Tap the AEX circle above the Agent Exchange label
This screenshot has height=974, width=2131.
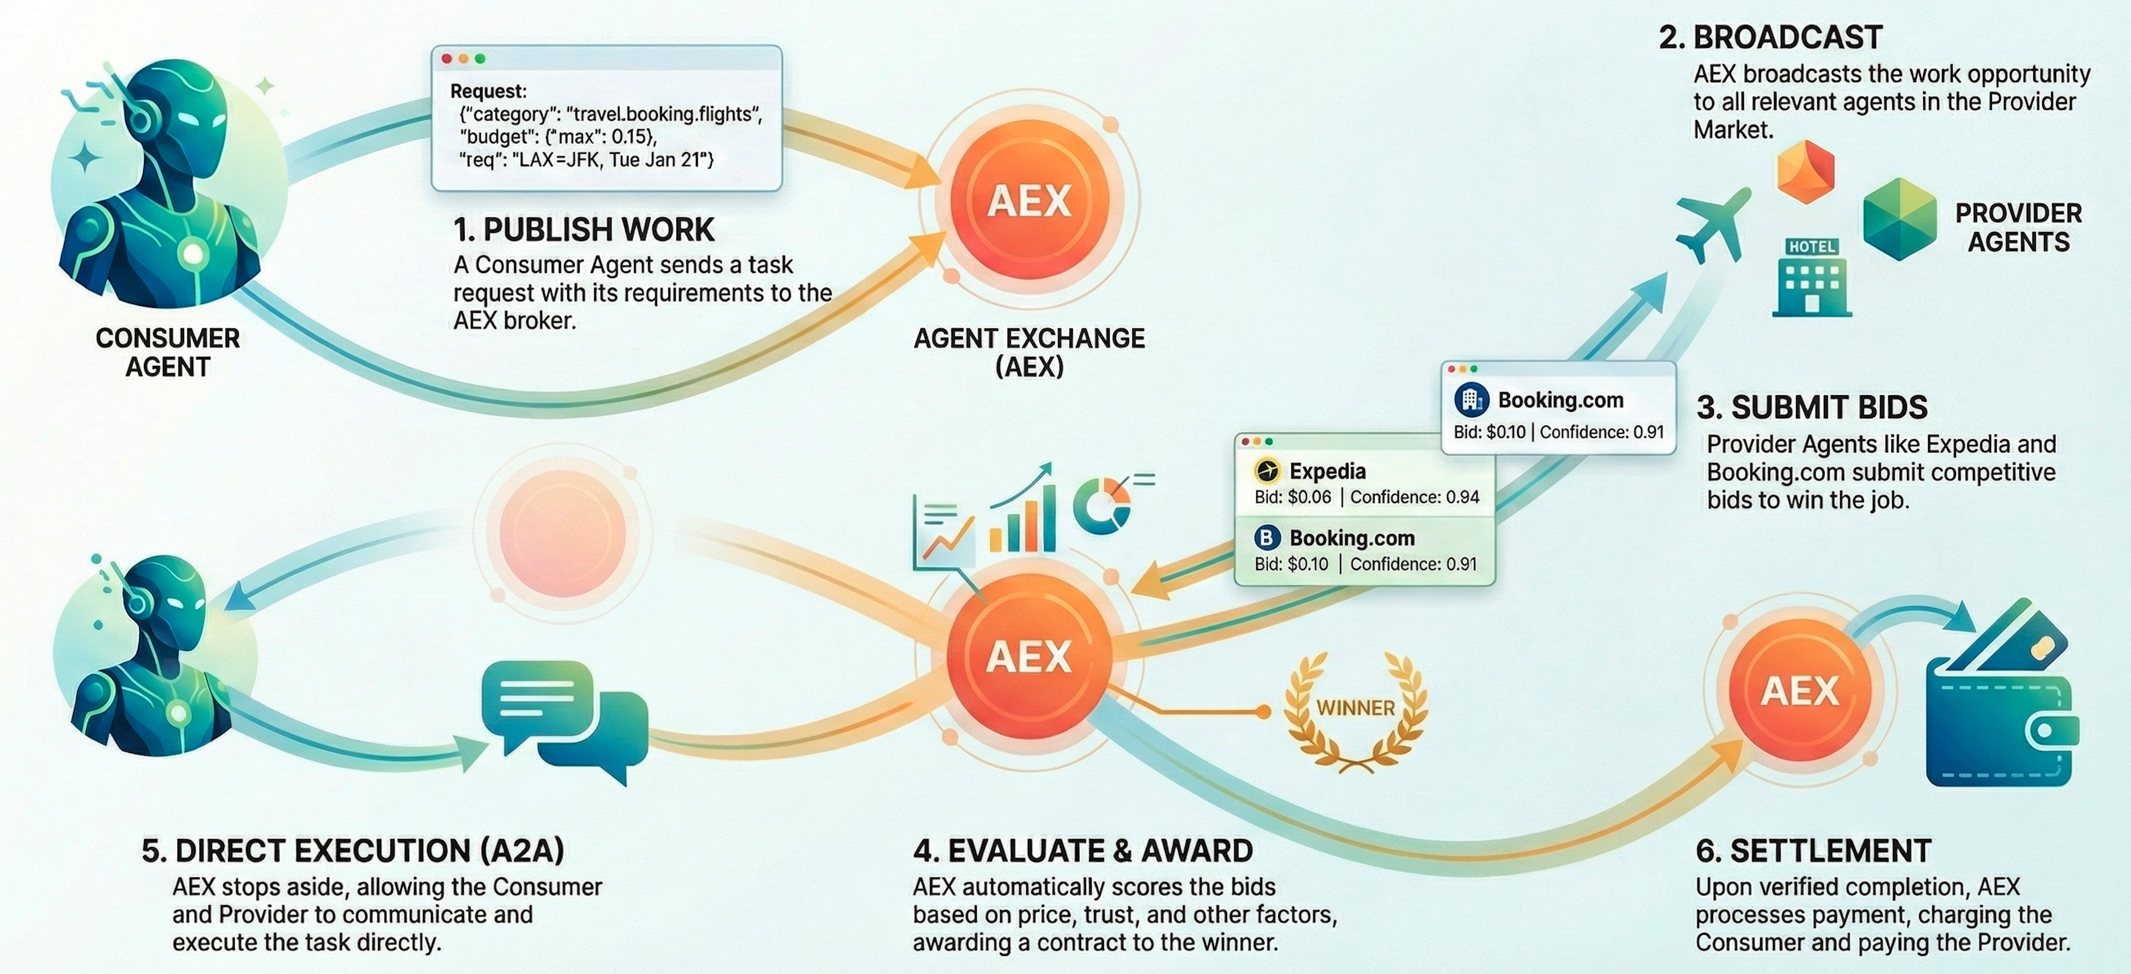click(1029, 200)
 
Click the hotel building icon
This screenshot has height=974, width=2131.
click(1812, 277)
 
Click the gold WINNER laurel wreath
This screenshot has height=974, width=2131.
click(1355, 710)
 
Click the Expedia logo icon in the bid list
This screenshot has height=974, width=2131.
click(1266, 471)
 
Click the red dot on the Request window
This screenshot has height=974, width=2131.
click(447, 59)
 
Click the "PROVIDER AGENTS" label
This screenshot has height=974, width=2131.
click(2019, 228)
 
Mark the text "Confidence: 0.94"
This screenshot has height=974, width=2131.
click(1415, 497)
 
